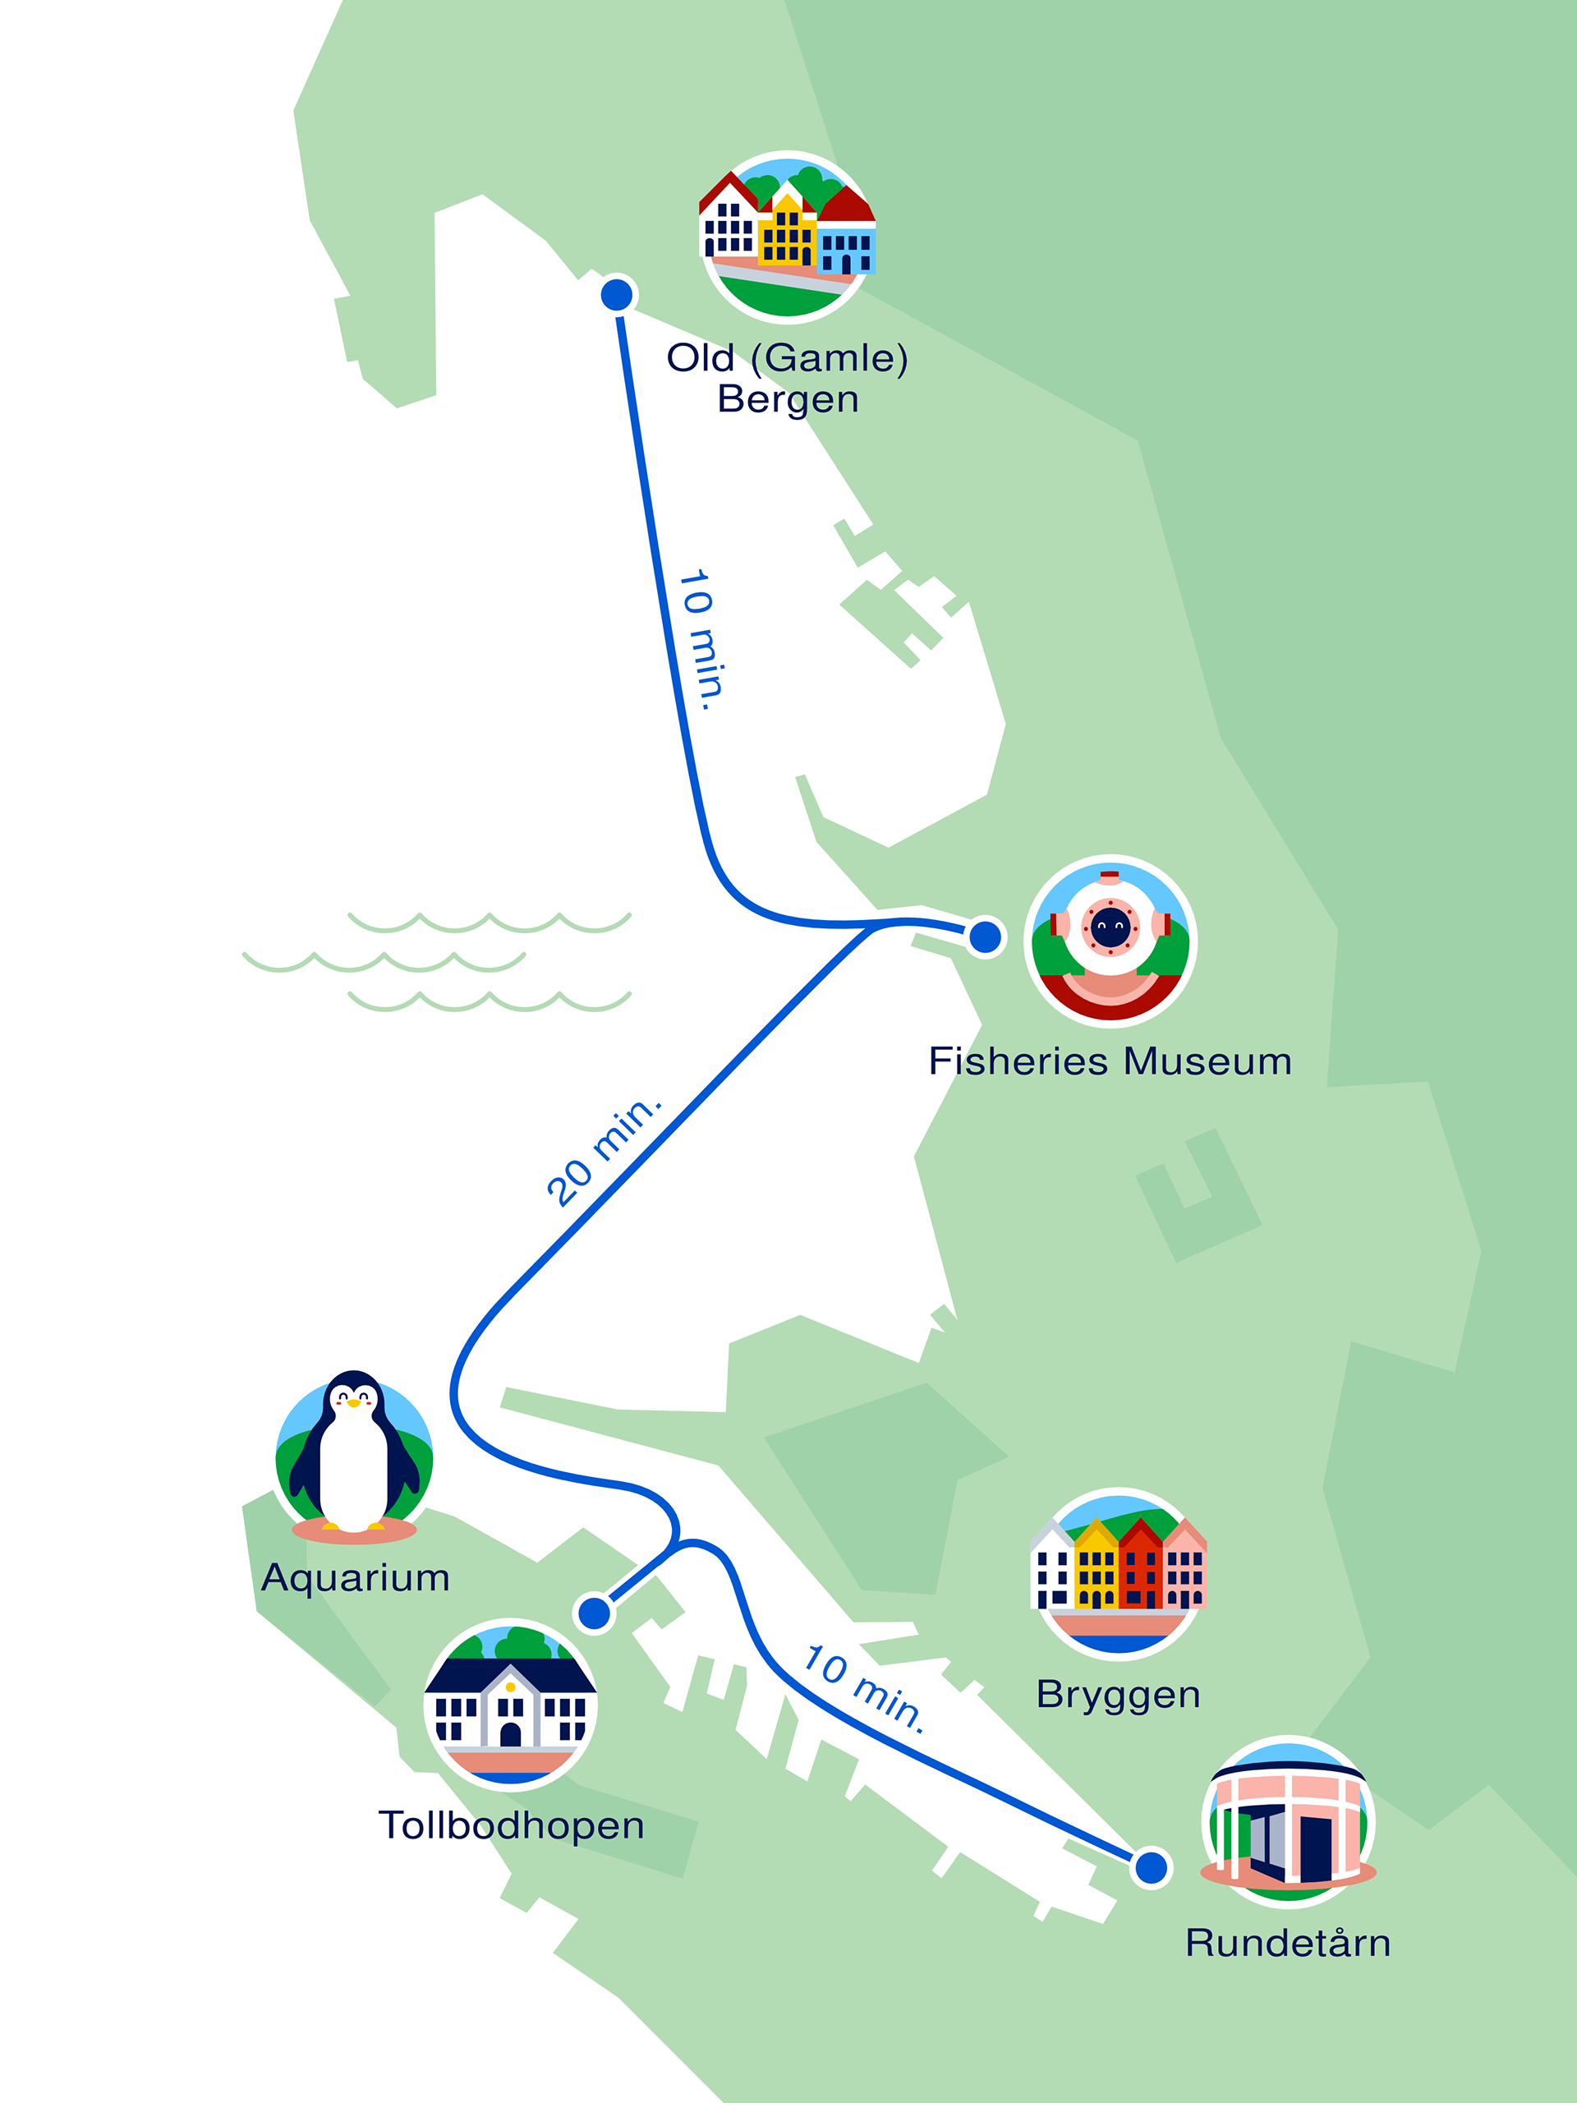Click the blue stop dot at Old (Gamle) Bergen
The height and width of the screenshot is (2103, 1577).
(616, 295)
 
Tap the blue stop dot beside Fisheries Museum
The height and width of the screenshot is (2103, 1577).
(985, 936)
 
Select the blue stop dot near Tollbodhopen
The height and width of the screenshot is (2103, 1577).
(595, 1613)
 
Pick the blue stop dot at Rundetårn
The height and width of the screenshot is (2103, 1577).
(1152, 1867)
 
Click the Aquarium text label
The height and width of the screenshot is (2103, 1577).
(356, 1578)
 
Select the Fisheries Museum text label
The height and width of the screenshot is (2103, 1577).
(1110, 1062)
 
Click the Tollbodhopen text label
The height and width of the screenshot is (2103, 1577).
(512, 1826)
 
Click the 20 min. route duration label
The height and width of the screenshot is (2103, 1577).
(603, 1152)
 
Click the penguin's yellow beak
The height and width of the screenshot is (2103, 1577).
(354, 1402)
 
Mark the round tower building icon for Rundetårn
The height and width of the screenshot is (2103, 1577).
(1288, 1821)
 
